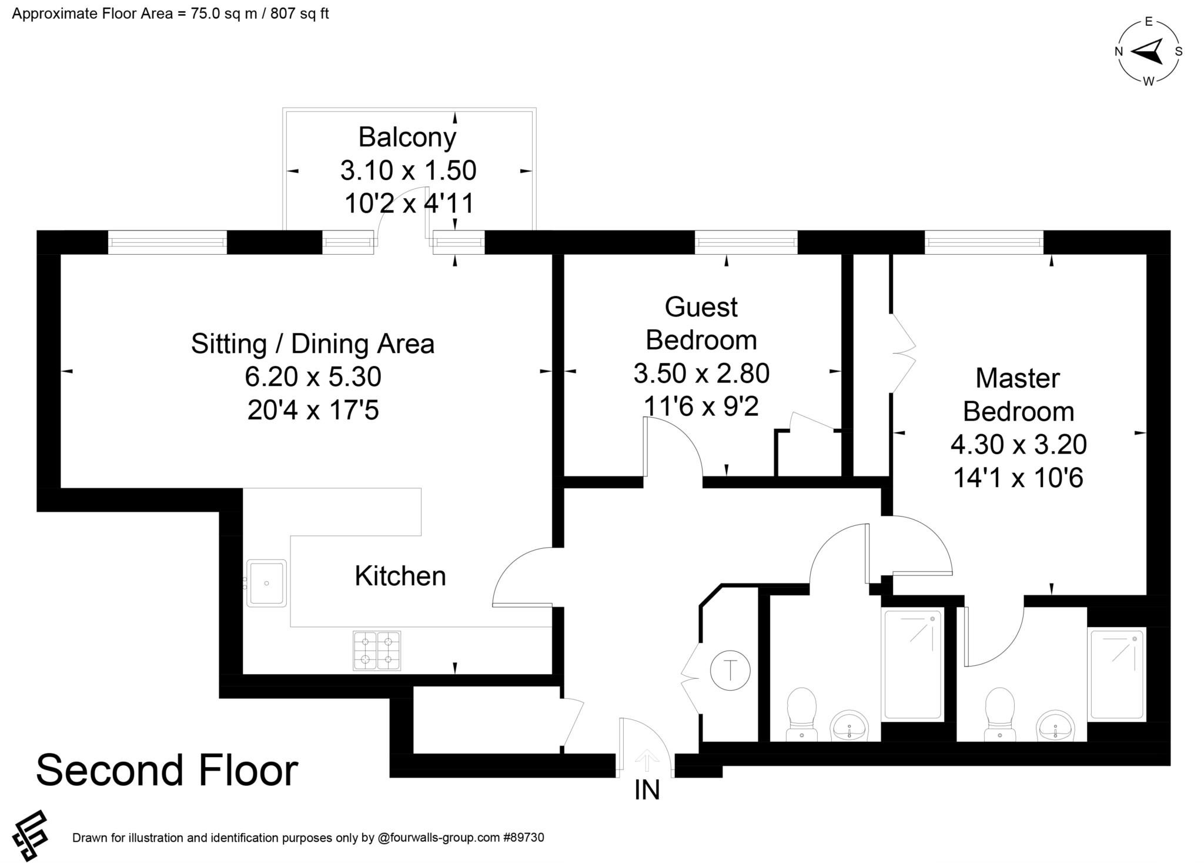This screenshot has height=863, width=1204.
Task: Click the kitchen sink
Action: pyautogui.click(x=266, y=583)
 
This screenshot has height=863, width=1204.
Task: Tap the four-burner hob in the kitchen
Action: pyautogui.click(x=377, y=651)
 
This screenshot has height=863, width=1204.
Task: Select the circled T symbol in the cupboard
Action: pyautogui.click(x=730, y=670)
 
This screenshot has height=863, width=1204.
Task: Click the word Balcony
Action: pyautogui.click(x=407, y=138)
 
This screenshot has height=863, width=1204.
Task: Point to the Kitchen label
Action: pyautogui.click(x=400, y=576)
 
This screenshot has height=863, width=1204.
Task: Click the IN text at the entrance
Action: pyautogui.click(x=647, y=790)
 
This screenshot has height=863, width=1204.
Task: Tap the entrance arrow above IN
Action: pyautogui.click(x=647, y=759)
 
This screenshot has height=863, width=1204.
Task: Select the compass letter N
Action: pyautogui.click(x=1119, y=52)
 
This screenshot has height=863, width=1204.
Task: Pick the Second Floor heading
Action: pyautogui.click(x=168, y=770)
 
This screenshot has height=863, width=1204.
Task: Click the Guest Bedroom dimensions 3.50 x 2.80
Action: pyautogui.click(x=701, y=373)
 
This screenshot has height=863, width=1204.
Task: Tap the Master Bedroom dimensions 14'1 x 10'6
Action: pyautogui.click(x=1018, y=478)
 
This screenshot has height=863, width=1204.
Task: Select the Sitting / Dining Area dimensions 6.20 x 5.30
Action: pyautogui.click(x=313, y=376)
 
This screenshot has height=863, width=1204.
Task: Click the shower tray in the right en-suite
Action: pyautogui.click(x=1118, y=675)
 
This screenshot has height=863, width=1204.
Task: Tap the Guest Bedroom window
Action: pyautogui.click(x=746, y=242)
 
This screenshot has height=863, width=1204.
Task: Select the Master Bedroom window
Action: pyautogui.click(x=984, y=242)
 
